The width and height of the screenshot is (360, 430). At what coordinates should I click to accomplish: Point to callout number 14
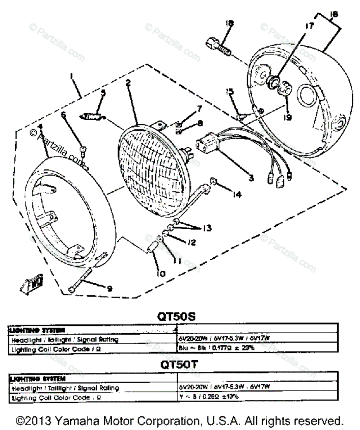click(x=236, y=195)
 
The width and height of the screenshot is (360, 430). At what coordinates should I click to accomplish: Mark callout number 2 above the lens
click(x=127, y=83)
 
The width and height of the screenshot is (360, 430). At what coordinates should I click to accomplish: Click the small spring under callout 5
click(x=93, y=116)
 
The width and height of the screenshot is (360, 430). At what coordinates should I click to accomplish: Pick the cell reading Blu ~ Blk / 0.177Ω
click(x=216, y=348)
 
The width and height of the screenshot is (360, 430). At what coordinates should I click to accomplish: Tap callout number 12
click(x=192, y=243)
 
